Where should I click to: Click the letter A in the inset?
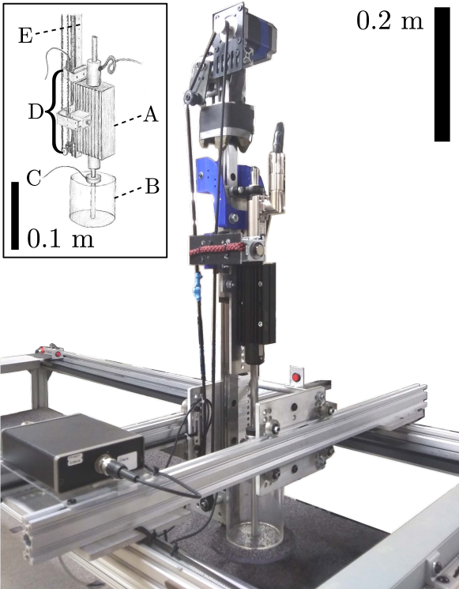[151, 114]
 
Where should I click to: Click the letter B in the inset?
[152, 186]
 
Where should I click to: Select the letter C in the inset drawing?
[33, 178]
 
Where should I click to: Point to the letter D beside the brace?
[36, 111]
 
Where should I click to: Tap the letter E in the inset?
[25, 36]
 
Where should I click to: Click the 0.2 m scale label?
[389, 21]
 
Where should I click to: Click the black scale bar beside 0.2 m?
[442, 74]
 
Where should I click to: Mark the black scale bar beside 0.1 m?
[15, 216]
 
